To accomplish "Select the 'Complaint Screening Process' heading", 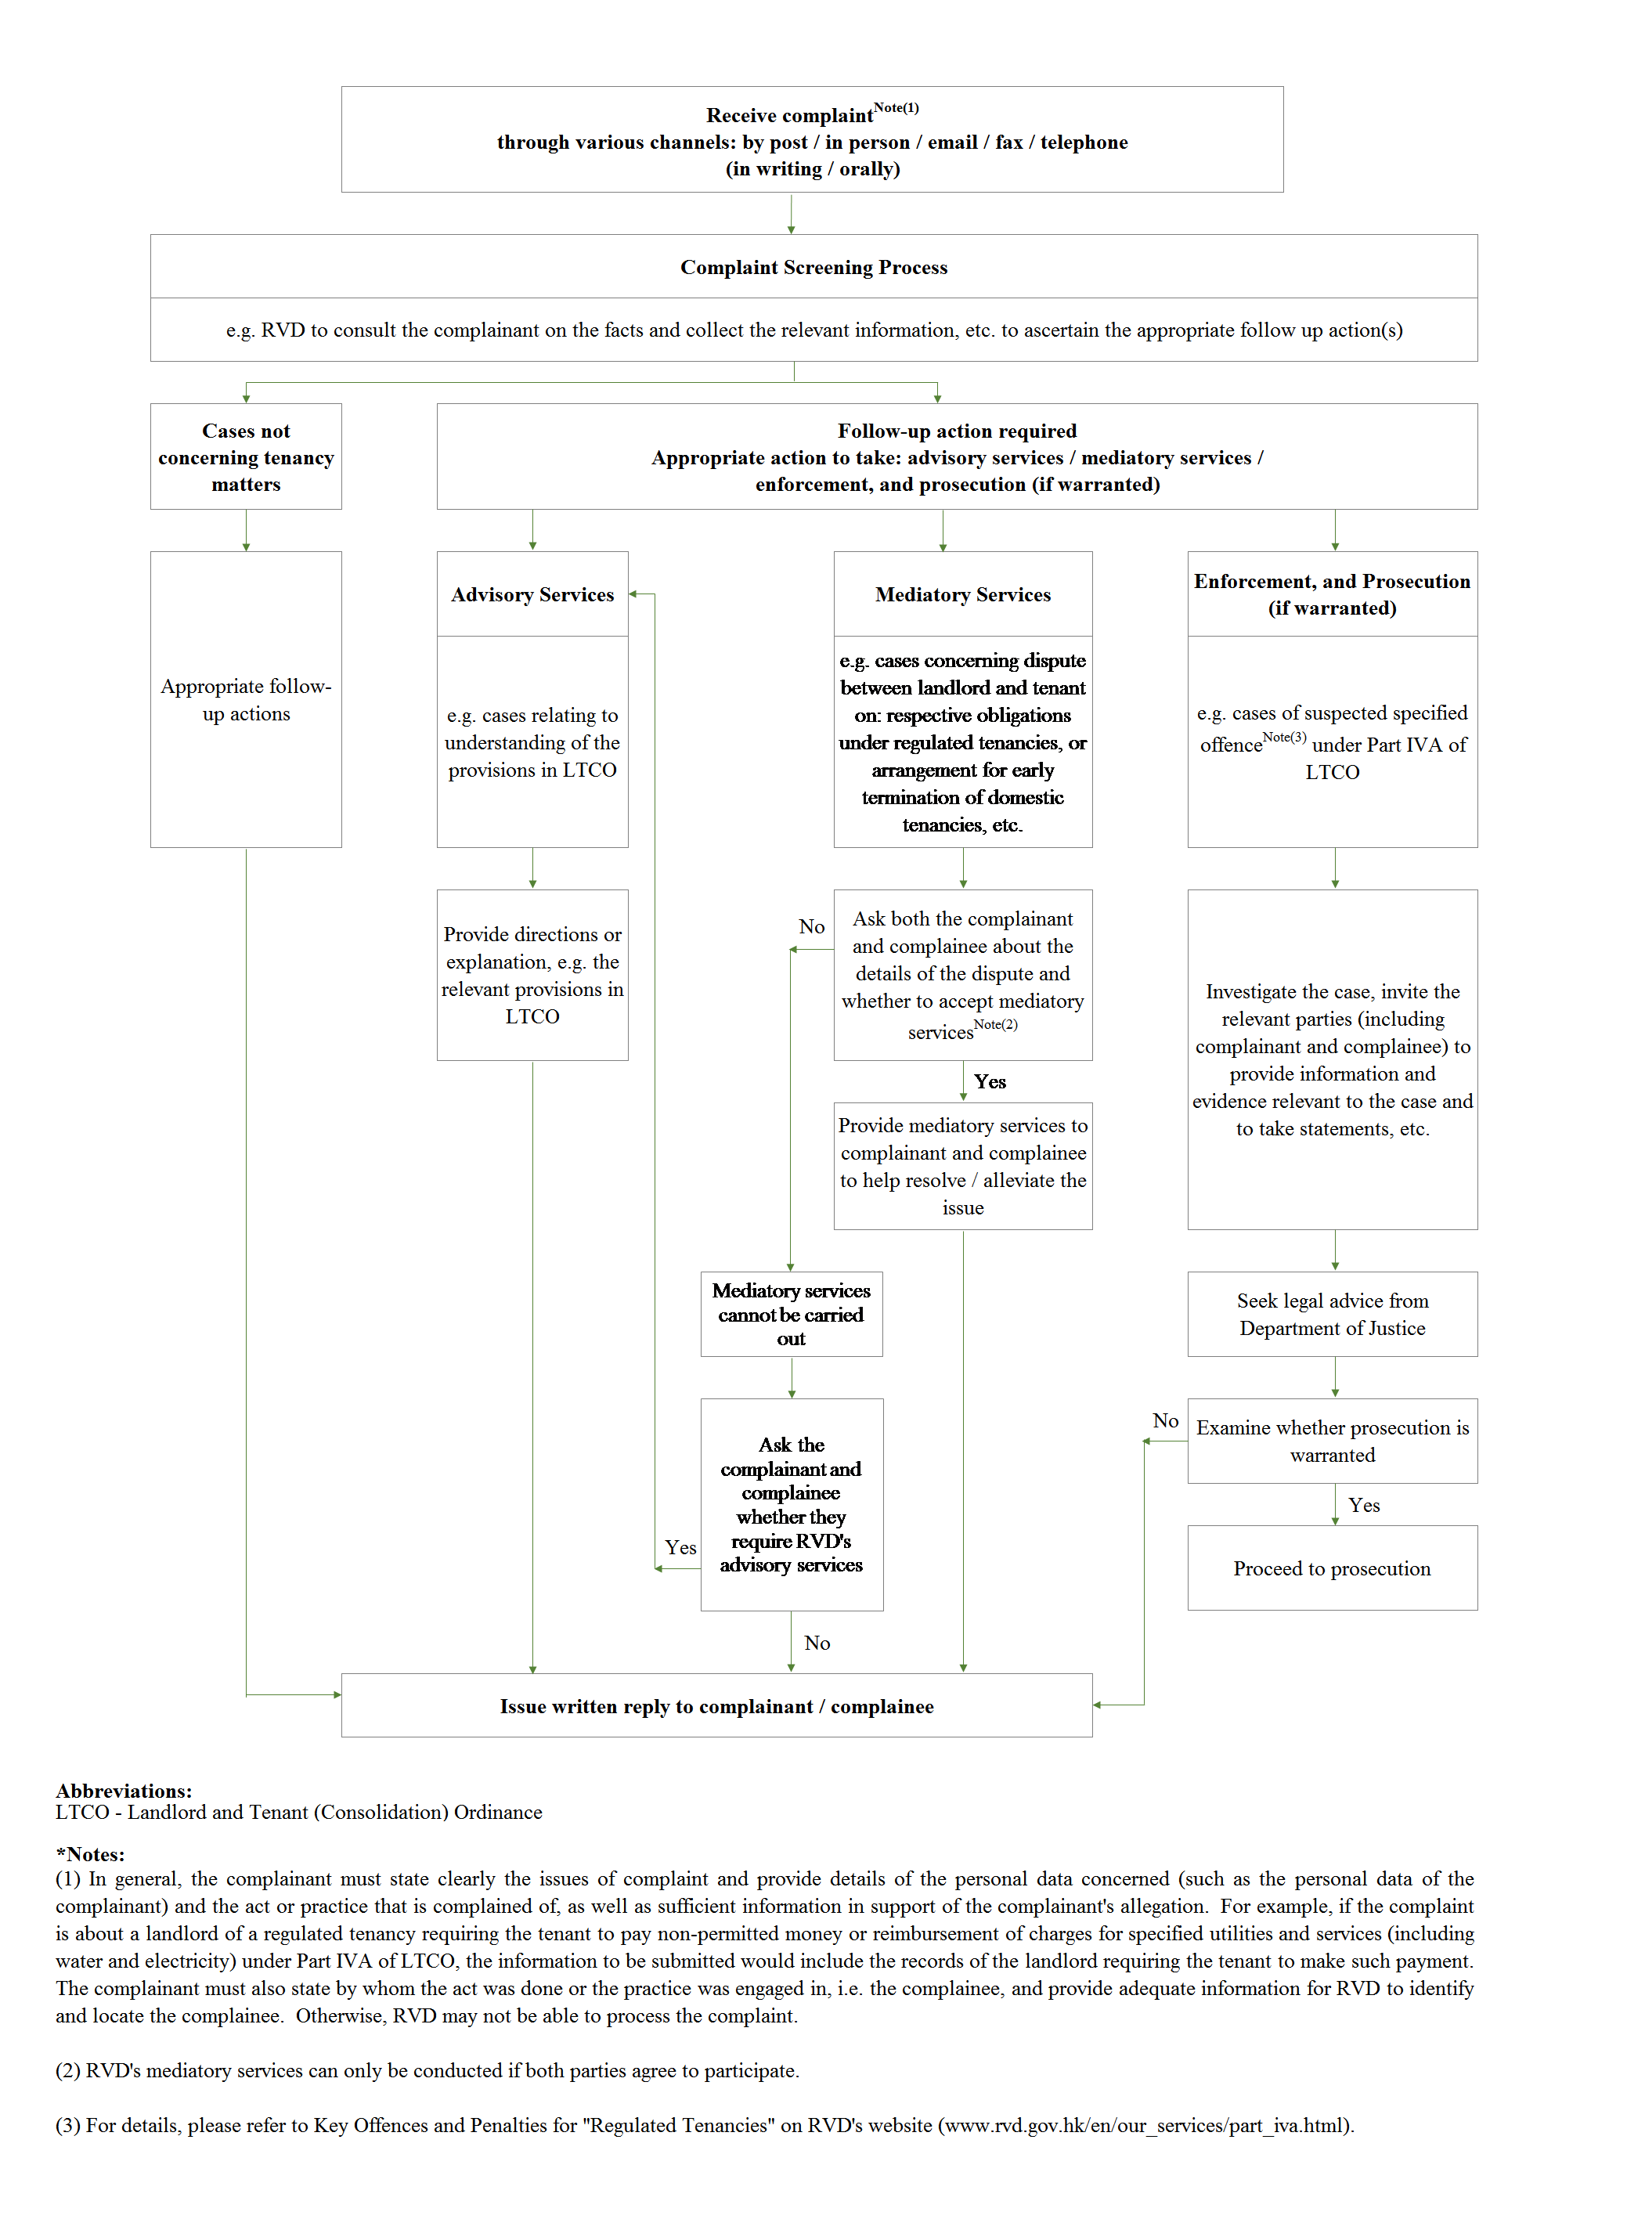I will click(x=813, y=267).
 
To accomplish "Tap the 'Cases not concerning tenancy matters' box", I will click(x=245, y=457).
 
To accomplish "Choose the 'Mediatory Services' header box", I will click(x=962, y=594).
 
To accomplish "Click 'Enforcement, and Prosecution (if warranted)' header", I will click(x=1332, y=594).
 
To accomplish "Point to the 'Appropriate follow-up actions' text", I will click(x=245, y=699).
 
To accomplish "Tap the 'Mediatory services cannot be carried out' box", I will click(x=791, y=1314).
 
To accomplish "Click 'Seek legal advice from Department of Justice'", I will click(x=1332, y=1314).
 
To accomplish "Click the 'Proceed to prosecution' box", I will click(x=1332, y=1568).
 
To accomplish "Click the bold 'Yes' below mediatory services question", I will click(x=990, y=1081).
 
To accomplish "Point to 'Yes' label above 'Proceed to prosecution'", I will click(x=1364, y=1505).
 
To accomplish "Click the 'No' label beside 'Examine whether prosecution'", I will click(x=1165, y=1420).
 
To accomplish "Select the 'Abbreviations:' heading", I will click(x=124, y=1791).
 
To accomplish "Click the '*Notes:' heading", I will click(x=91, y=1855).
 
